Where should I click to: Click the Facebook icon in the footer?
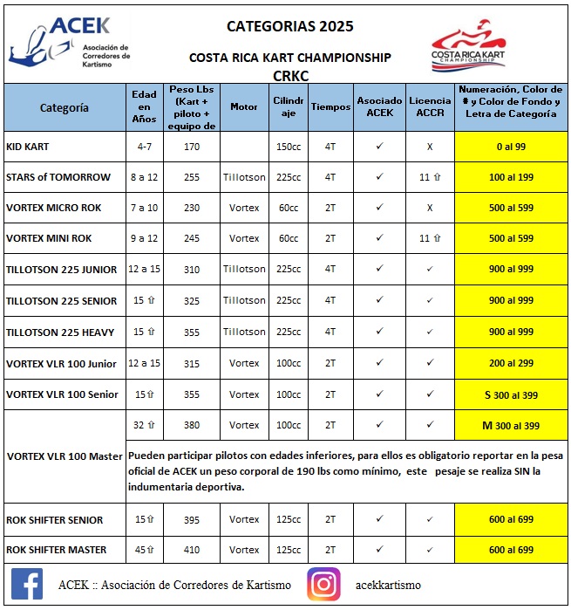28,584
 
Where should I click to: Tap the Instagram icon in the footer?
323,584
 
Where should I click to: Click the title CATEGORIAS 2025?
290,26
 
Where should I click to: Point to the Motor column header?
244,106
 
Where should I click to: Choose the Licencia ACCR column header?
430,106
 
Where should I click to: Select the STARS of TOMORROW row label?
58,177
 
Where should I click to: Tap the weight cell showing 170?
192,146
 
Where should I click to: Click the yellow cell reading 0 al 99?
511,146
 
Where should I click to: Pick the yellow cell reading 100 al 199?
511,177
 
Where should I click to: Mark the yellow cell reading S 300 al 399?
511,394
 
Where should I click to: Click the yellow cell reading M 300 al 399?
511,426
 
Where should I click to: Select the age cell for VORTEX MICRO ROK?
144,208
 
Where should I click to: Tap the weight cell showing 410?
192,550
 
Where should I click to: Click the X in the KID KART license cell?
430,146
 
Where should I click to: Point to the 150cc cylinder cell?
288,146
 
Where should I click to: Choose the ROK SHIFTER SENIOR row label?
55,519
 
